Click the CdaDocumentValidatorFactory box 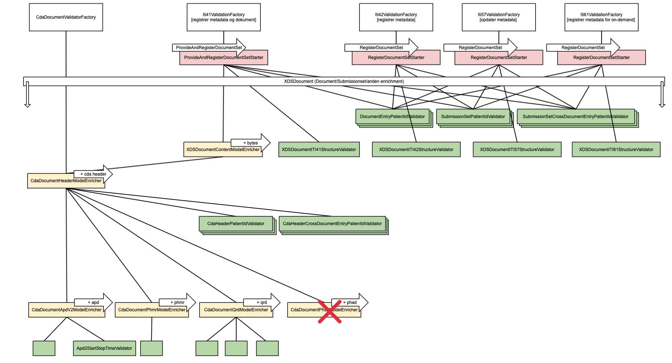(x=66, y=17)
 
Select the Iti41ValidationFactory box (x=224, y=17)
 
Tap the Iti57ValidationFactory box (x=498, y=17)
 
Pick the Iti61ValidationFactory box (x=601, y=17)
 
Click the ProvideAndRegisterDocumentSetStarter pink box (x=223, y=58)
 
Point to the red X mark (x=330, y=312)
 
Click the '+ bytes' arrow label (x=251, y=143)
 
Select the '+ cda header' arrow (x=94, y=174)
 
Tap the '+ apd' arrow (x=94, y=302)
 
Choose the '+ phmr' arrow (x=178, y=302)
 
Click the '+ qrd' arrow (x=262, y=302)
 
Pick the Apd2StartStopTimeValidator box (x=104, y=348)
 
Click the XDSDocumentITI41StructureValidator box (x=319, y=150)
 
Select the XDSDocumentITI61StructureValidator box (x=616, y=150)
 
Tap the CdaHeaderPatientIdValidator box (x=236, y=224)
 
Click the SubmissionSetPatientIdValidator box (x=473, y=117)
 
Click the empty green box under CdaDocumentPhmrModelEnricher (x=151, y=348)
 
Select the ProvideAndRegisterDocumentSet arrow (x=209, y=48)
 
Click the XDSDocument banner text (x=344, y=81)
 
